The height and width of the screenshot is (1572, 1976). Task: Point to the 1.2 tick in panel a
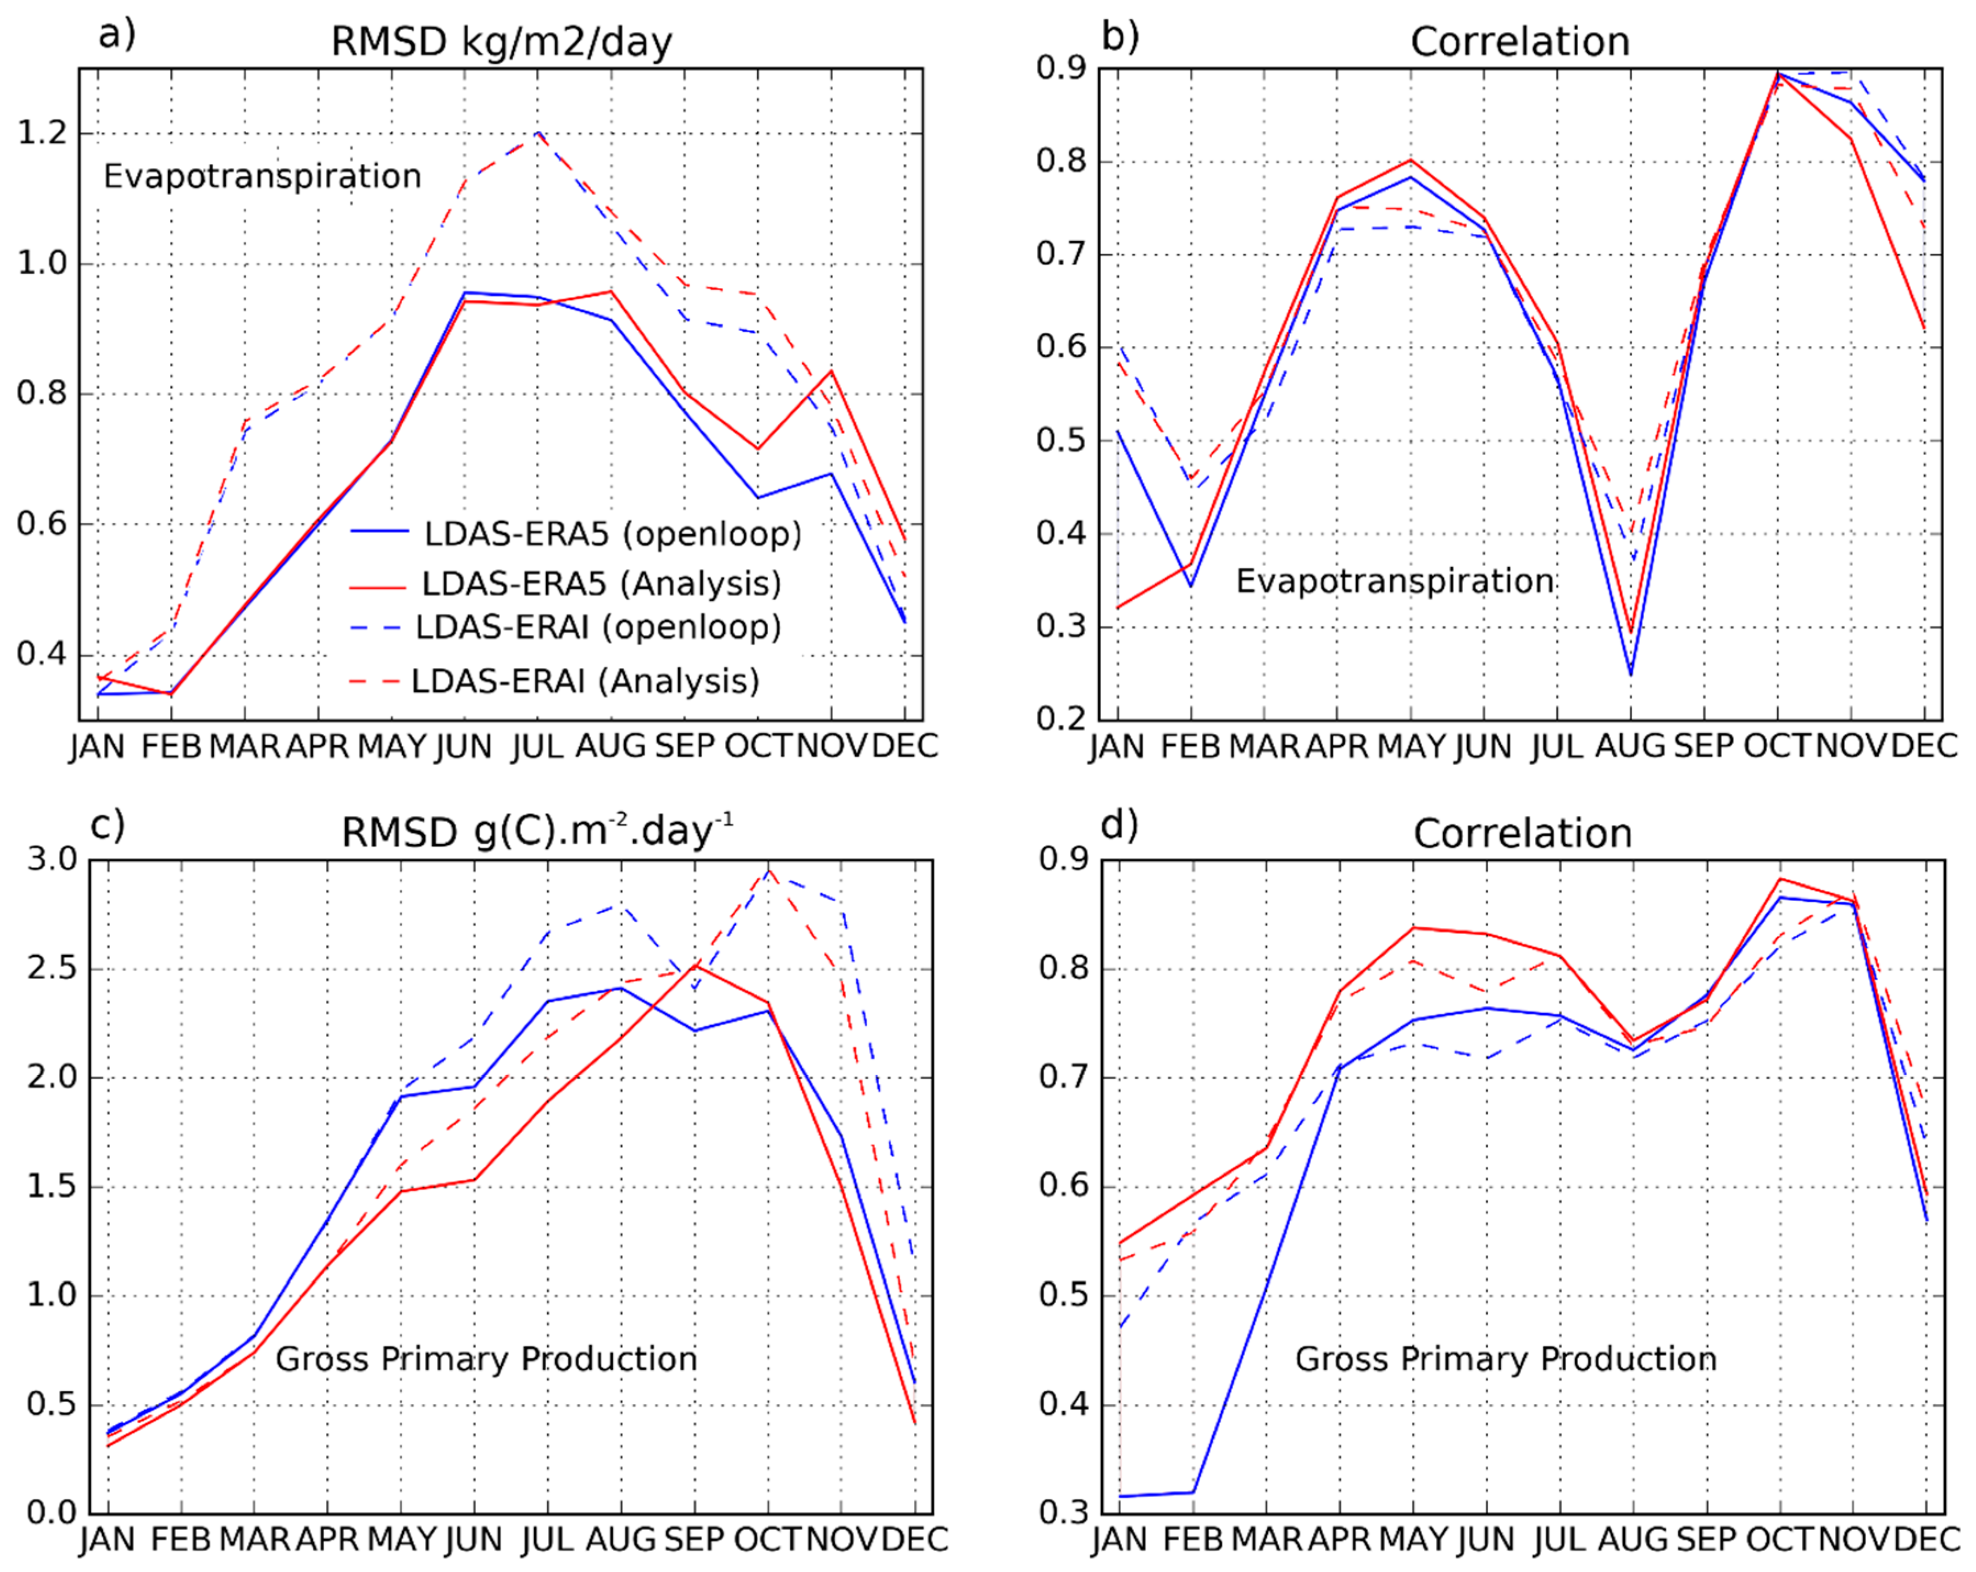click(43, 134)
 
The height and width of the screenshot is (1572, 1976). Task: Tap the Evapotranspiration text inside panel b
click(1394, 581)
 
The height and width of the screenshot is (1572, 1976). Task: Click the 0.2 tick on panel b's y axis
click(1061, 718)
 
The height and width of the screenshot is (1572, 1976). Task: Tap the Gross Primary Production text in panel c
click(486, 1358)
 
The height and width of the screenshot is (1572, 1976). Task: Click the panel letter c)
click(107, 825)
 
